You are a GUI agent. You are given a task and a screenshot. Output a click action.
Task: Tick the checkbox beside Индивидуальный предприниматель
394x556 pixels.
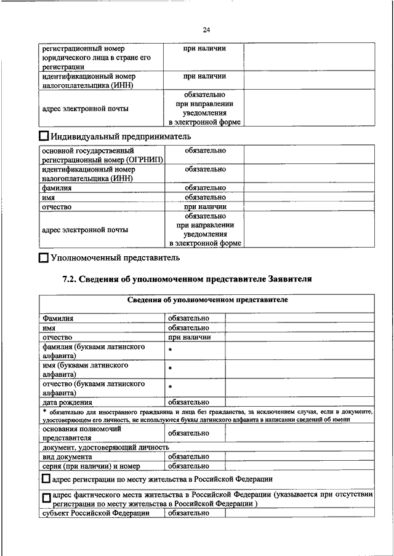tap(44, 136)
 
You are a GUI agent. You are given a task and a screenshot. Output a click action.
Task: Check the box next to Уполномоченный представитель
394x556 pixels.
tap(43, 258)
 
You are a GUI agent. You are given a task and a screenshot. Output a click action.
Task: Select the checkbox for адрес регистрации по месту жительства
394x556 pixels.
tap(46, 478)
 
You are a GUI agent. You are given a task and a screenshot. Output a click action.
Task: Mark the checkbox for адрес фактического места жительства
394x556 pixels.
tap(46, 498)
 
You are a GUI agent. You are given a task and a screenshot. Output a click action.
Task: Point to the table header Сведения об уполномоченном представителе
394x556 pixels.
tap(207, 300)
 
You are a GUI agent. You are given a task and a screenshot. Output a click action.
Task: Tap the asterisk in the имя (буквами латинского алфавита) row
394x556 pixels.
tap(170, 369)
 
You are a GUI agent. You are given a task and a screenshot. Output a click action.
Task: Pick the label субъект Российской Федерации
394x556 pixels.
tap(95, 513)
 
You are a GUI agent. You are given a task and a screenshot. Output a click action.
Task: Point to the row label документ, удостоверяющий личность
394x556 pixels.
tap(105, 447)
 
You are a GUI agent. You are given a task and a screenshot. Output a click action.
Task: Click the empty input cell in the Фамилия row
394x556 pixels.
tap(299, 318)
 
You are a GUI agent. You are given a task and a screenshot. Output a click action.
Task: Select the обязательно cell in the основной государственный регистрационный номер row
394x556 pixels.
tap(204, 151)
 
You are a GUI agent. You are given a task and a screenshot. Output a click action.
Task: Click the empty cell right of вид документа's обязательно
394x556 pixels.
tap(299, 456)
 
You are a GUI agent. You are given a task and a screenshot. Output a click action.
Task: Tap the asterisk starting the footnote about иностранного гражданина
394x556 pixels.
tap(45, 410)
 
